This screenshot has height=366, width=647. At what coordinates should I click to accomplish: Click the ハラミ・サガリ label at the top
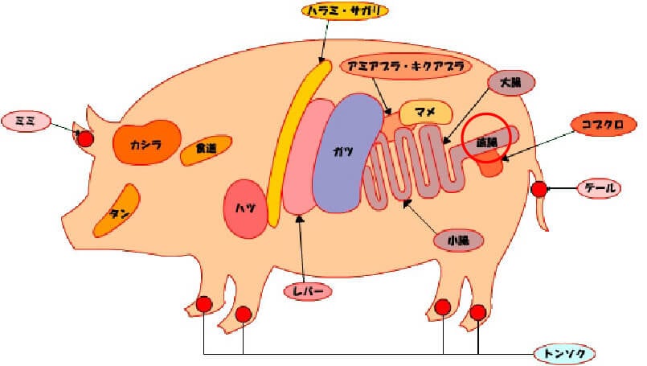click(346, 11)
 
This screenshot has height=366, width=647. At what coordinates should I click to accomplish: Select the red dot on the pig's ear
click(85, 138)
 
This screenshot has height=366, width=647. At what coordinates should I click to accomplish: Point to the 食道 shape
click(206, 150)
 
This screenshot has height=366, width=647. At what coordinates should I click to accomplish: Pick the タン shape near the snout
click(117, 211)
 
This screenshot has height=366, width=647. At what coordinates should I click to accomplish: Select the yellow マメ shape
click(425, 112)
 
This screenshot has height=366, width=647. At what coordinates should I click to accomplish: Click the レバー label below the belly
click(308, 292)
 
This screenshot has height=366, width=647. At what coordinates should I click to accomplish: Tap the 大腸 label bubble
click(512, 83)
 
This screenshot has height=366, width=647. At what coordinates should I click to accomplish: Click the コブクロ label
click(604, 124)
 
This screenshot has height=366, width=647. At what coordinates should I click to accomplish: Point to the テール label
click(600, 189)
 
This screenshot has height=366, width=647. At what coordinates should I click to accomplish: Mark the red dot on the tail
click(539, 190)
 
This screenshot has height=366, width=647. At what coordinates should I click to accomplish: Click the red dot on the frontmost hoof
click(204, 305)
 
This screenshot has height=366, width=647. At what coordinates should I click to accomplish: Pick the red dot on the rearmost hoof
click(478, 312)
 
